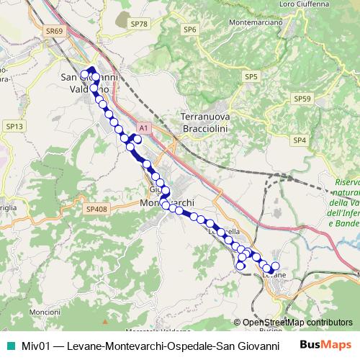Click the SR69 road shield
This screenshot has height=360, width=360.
click(x=54, y=31)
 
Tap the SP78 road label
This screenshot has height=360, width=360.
click(x=138, y=24)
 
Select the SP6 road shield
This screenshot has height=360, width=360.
click(x=189, y=30)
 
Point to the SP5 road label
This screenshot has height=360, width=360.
click(x=251, y=76)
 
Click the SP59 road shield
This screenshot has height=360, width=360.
click(x=302, y=98)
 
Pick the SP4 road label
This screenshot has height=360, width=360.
click(x=300, y=140)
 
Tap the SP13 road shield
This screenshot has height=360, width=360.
click(x=16, y=126)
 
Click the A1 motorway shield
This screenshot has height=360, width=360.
click(x=143, y=127)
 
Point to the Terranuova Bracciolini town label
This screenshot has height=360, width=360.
click(x=208, y=122)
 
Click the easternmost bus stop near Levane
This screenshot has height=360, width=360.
click(x=274, y=266)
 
